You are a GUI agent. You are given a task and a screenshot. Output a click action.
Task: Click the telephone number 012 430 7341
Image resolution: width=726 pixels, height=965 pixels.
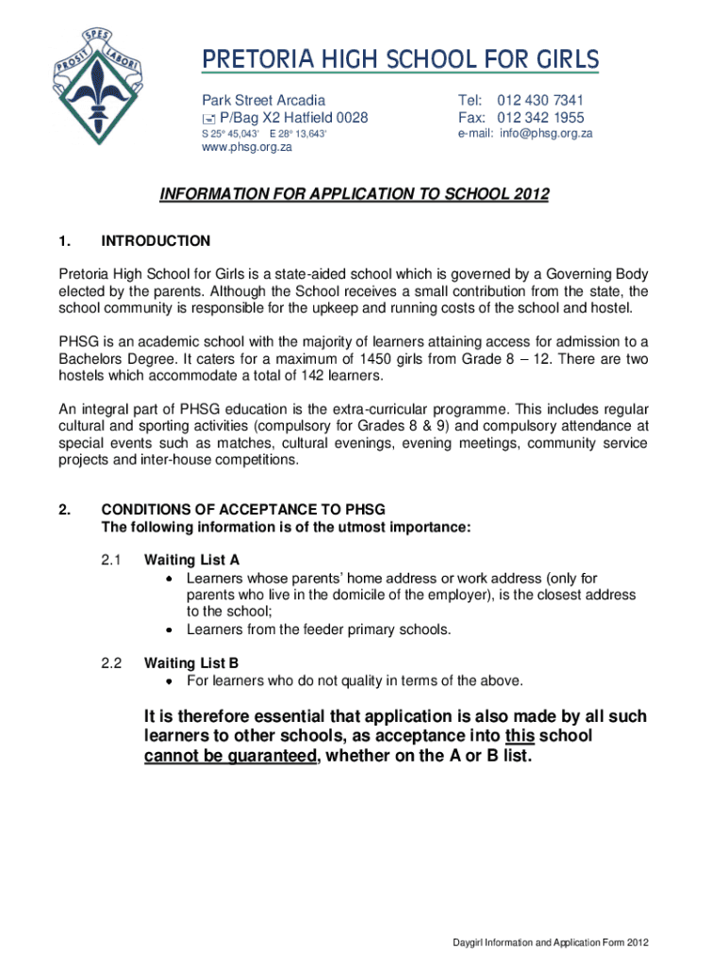pyautogui.click(x=540, y=100)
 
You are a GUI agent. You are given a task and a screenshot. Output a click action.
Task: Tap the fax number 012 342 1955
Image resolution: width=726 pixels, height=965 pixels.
pyautogui.click(x=540, y=118)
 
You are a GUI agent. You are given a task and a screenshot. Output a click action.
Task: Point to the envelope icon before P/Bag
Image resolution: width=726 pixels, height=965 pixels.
pyautogui.click(x=208, y=119)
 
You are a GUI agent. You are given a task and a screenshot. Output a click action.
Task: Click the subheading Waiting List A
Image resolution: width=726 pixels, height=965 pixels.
pyautogui.click(x=191, y=559)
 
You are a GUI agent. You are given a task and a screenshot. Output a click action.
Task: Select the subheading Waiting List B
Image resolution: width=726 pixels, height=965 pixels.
pyautogui.click(x=191, y=662)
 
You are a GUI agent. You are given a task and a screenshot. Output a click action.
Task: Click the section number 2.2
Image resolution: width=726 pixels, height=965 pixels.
pyautogui.click(x=112, y=662)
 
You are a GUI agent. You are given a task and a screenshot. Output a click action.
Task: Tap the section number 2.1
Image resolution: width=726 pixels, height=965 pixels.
pyautogui.click(x=112, y=559)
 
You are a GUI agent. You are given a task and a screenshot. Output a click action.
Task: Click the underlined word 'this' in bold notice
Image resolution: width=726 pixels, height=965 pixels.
pyautogui.click(x=520, y=735)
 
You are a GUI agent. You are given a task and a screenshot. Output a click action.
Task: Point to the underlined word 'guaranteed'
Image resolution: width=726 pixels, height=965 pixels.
pyautogui.click(x=254, y=756)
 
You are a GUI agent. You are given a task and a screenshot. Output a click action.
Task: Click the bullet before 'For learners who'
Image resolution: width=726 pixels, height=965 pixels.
pyautogui.click(x=169, y=680)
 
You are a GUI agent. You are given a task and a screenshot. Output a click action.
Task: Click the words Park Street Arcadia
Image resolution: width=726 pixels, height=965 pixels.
pyautogui.click(x=263, y=100)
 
